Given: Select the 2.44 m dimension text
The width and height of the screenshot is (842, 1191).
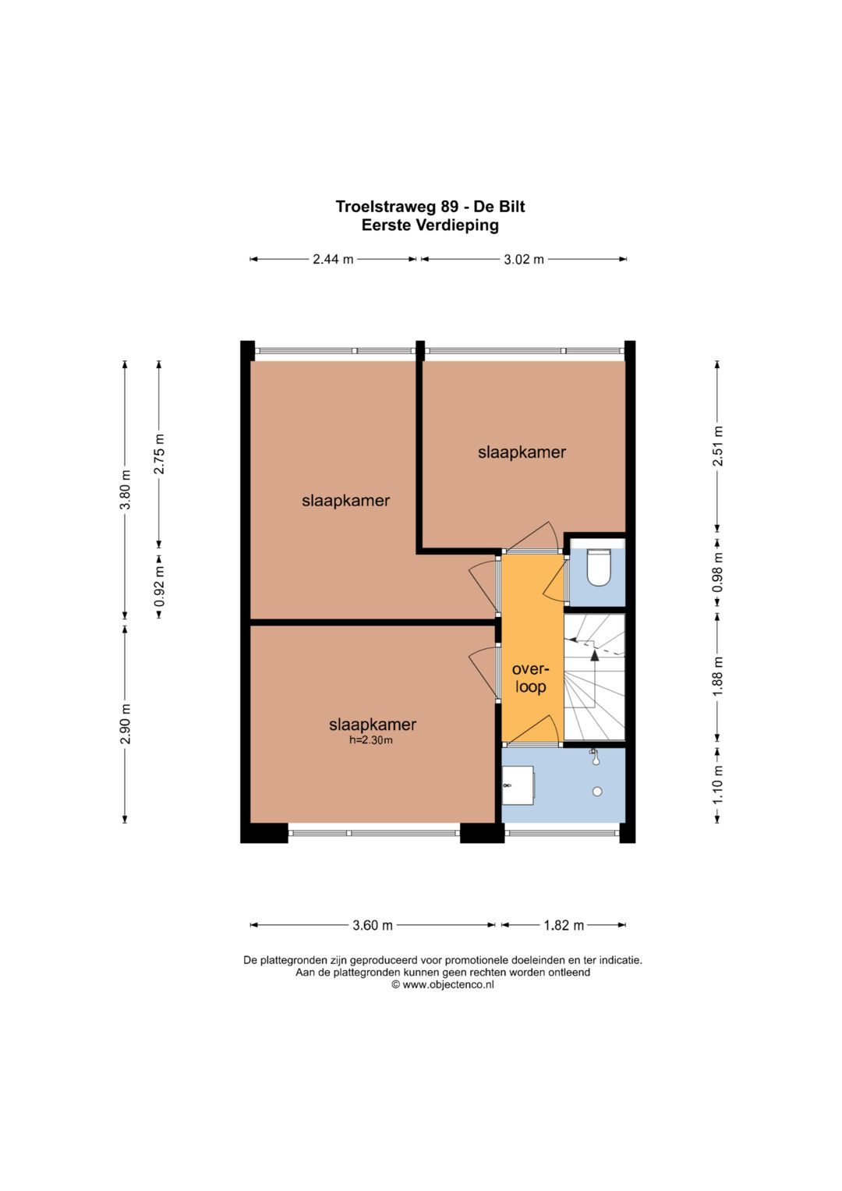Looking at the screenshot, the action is click(333, 259).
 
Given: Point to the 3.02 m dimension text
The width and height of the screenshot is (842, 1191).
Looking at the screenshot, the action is click(524, 259).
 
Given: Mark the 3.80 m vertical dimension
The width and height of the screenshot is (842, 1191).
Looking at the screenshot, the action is click(125, 489).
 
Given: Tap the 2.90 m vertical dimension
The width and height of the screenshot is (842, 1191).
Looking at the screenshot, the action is click(125, 724).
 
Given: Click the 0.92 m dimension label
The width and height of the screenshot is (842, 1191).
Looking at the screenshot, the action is click(159, 586).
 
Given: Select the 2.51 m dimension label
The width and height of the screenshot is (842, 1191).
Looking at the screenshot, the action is click(717, 445).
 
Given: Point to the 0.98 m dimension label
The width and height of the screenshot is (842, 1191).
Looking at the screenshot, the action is click(717, 572).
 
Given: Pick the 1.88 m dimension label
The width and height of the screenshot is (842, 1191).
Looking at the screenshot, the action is click(717, 675).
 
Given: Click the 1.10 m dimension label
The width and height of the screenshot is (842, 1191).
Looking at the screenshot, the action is click(717, 785).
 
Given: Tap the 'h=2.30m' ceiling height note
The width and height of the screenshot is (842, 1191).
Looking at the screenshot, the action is click(370, 739).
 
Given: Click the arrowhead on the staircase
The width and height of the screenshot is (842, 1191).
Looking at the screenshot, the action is click(594, 655).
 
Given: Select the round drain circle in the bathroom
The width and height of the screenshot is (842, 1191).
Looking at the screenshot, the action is click(597, 792).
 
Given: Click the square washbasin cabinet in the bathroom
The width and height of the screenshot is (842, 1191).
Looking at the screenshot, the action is click(518, 785).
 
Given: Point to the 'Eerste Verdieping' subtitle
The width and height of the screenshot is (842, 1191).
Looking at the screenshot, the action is click(430, 225).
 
